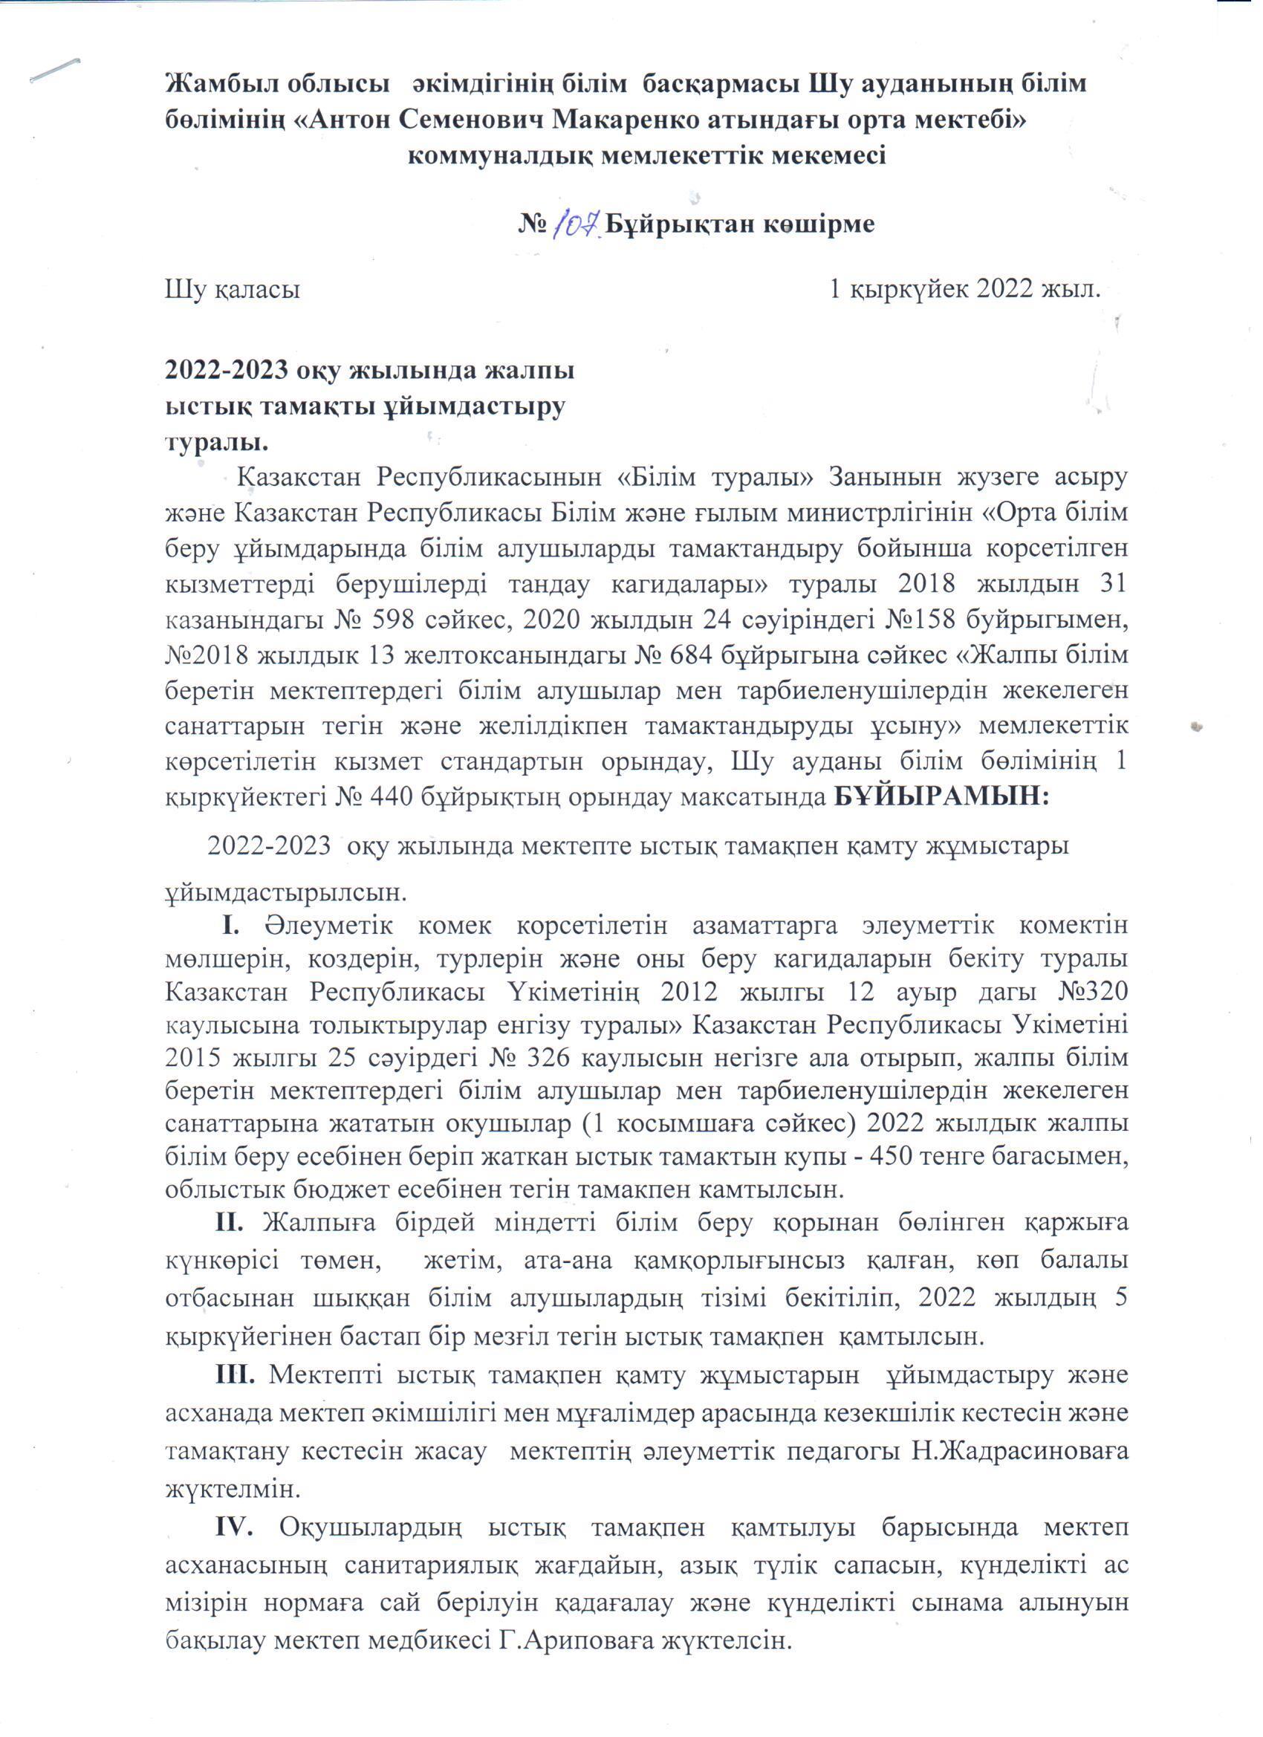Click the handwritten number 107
coord(577,224)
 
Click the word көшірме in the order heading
coord(817,224)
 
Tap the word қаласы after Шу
coord(256,290)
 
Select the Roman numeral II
coord(229,1245)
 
